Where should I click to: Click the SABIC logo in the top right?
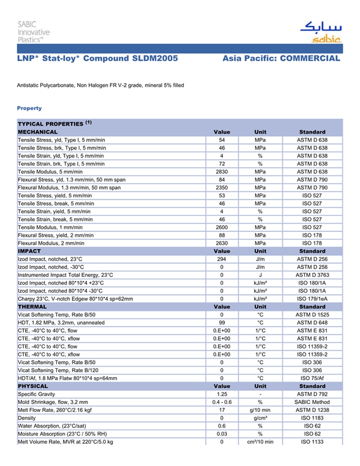(320, 32)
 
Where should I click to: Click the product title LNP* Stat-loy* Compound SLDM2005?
(98, 59)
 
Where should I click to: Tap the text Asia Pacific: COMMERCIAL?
(281, 59)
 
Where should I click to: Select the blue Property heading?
(29, 108)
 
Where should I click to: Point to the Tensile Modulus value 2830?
(222, 172)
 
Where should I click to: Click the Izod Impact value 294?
(222, 259)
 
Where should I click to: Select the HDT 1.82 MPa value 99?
(222, 322)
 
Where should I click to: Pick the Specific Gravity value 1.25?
(222, 394)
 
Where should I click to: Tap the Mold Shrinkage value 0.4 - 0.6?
(222, 402)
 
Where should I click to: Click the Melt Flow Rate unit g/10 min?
(260, 410)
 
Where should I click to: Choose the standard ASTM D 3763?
(312, 275)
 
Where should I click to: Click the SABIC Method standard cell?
(312, 402)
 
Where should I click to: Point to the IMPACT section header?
(29, 252)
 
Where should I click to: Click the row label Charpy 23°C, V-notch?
(75, 299)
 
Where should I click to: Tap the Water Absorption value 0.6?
(222, 426)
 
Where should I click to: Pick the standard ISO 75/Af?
(312, 378)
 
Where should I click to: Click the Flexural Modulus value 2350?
(222, 188)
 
